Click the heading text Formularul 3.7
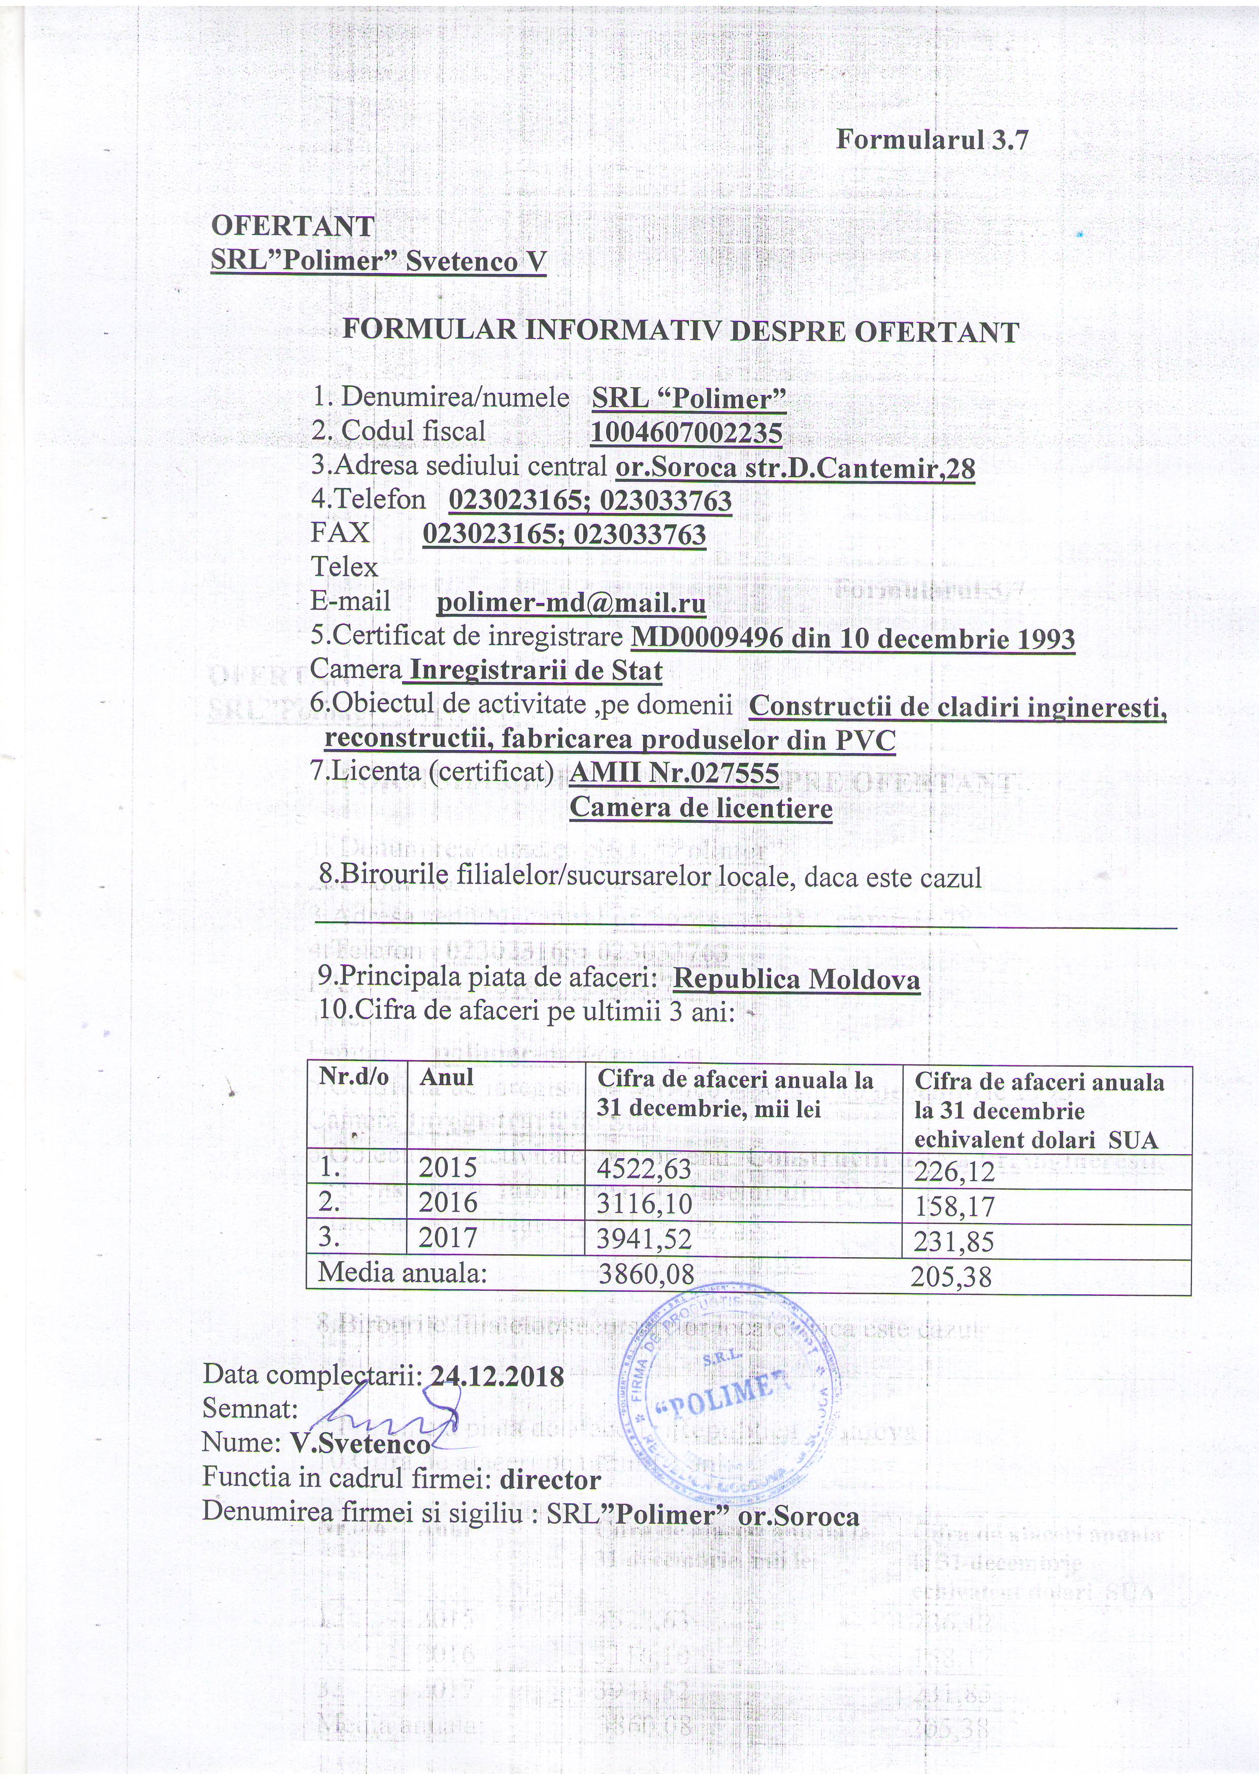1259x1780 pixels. (932, 140)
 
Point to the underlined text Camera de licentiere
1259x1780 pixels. (701, 808)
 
